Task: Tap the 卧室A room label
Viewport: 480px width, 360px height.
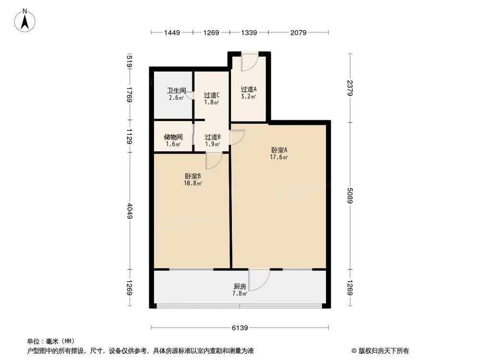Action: pos(279,150)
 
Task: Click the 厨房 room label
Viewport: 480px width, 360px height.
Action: pos(240,287)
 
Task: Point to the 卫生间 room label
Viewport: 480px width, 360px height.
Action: pos(176,90)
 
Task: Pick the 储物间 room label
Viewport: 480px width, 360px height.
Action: pos(173,137)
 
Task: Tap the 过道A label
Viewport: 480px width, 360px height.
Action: pos(249,89)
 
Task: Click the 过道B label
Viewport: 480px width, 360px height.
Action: pos(212,137)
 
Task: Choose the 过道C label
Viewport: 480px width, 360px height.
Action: pos(212,95)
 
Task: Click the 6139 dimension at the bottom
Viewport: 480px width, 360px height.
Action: pos(240,328)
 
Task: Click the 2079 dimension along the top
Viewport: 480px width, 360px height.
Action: pos(299,33)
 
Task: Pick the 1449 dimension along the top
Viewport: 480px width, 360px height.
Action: pos(171,33)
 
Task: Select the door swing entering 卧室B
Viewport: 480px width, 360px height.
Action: pos(213,161)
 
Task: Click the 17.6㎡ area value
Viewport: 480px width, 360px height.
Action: pos(279,157)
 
